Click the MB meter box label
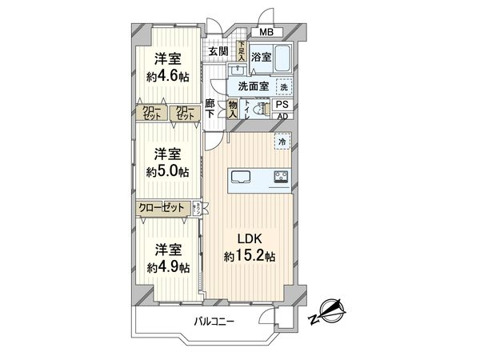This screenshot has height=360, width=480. (266, 32)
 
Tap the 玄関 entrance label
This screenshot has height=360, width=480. (218, 52)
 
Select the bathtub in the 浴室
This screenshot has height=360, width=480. (284, 57)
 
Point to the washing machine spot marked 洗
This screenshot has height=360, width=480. (282, 86)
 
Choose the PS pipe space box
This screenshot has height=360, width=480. (282, 104)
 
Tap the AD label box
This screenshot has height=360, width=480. (282, 116)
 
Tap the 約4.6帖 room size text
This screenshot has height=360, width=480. (168, 77)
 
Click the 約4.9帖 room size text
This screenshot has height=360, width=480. (168, 267)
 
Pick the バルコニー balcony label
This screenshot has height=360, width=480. (214, 322)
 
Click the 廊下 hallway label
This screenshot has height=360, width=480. (210, 108)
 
